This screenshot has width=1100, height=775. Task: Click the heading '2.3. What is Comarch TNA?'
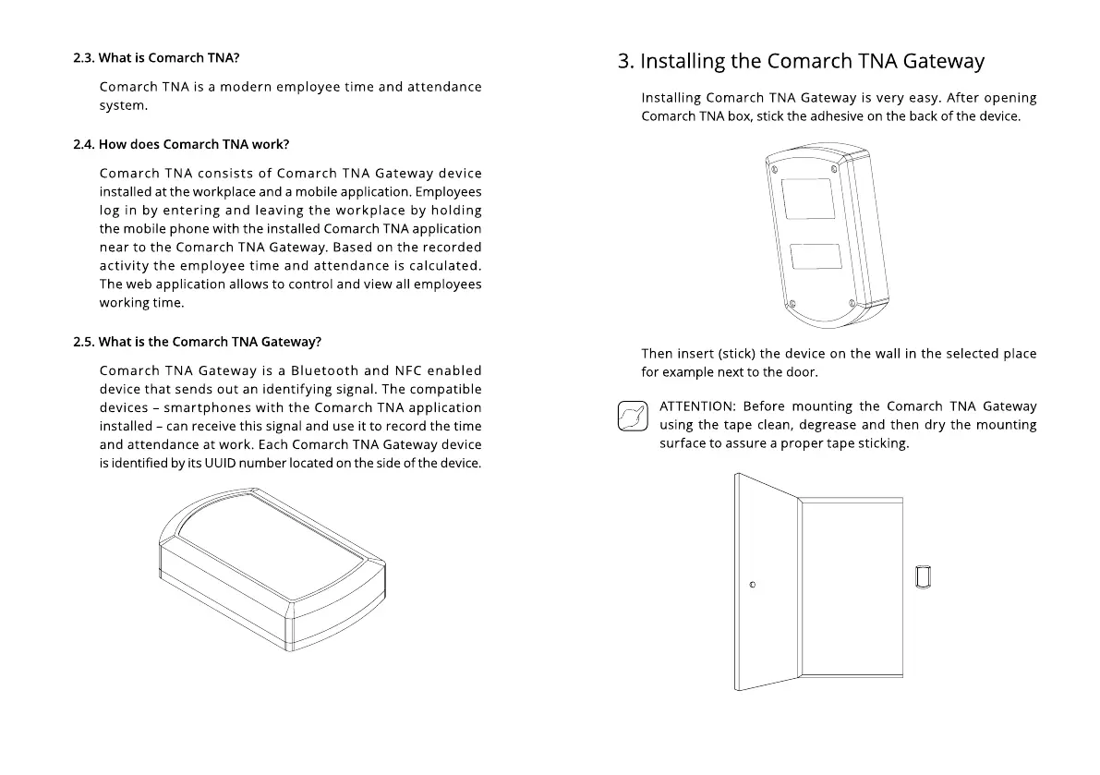[156, 58]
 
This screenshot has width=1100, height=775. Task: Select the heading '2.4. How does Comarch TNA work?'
[181, 145]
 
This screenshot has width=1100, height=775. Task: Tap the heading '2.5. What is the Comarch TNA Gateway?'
[197, 342]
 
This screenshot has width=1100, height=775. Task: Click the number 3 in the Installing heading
[625, 62]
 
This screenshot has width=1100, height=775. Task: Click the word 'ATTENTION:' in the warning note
[697, 406]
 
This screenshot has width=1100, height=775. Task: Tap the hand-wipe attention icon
[632, 416]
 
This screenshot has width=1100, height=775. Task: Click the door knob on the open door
[754, 585]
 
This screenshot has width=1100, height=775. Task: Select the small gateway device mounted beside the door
[922, 575]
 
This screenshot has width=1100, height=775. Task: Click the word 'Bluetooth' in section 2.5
[324, 371]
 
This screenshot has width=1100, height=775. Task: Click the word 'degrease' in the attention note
[827, 425]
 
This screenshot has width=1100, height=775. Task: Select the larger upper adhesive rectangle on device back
[808, 199]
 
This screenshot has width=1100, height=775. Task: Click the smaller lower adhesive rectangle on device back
[816, 256]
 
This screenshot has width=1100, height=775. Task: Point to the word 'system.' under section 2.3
[124, 105]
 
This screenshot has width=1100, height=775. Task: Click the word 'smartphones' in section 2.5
[204, 407]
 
